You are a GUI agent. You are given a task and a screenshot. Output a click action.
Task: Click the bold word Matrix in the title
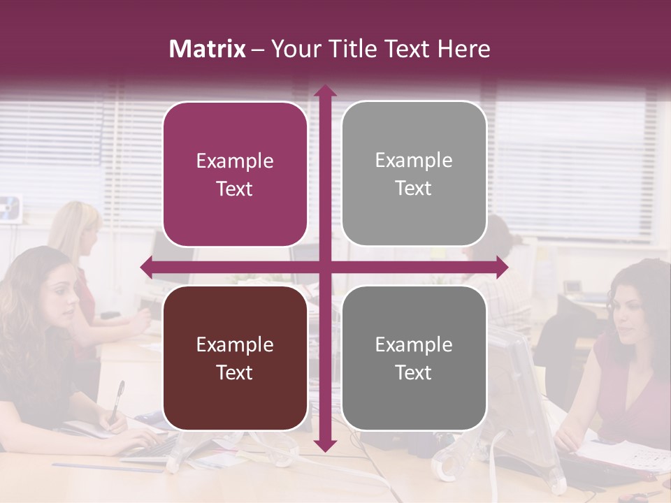point(208,49)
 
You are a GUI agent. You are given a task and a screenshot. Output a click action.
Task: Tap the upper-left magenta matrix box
point(235,175)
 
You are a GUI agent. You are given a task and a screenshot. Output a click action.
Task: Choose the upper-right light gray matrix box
point(414,174)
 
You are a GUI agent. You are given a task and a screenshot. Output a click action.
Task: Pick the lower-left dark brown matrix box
point(235,358)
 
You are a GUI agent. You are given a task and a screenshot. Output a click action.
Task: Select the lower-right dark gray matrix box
point(414,358)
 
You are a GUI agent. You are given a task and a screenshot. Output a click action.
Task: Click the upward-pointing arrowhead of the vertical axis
point(324,91)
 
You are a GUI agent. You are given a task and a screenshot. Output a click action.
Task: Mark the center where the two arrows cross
point(324,267)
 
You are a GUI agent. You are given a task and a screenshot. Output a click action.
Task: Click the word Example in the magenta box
point(235,161)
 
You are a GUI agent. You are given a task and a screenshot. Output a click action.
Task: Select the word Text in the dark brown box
point(235,372)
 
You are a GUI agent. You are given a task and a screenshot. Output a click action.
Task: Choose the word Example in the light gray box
point(414,161)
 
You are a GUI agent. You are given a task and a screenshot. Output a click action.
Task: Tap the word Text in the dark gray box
point(414,372)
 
